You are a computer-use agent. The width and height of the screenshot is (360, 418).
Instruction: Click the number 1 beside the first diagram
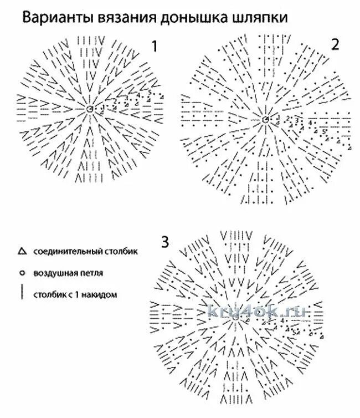coord(156,47)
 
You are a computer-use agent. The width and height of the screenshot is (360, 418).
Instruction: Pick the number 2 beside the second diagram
coord(335,45)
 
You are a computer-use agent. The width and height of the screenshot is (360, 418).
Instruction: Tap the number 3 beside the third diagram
coord(165,242)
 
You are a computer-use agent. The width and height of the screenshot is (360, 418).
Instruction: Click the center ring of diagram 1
coord(90,110)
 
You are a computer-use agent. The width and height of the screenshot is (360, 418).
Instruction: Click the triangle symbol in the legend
coord(22,252)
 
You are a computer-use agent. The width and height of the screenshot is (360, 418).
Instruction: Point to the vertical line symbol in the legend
coord(22,293)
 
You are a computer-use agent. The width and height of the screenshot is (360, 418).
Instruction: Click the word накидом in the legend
coord(102,294)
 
